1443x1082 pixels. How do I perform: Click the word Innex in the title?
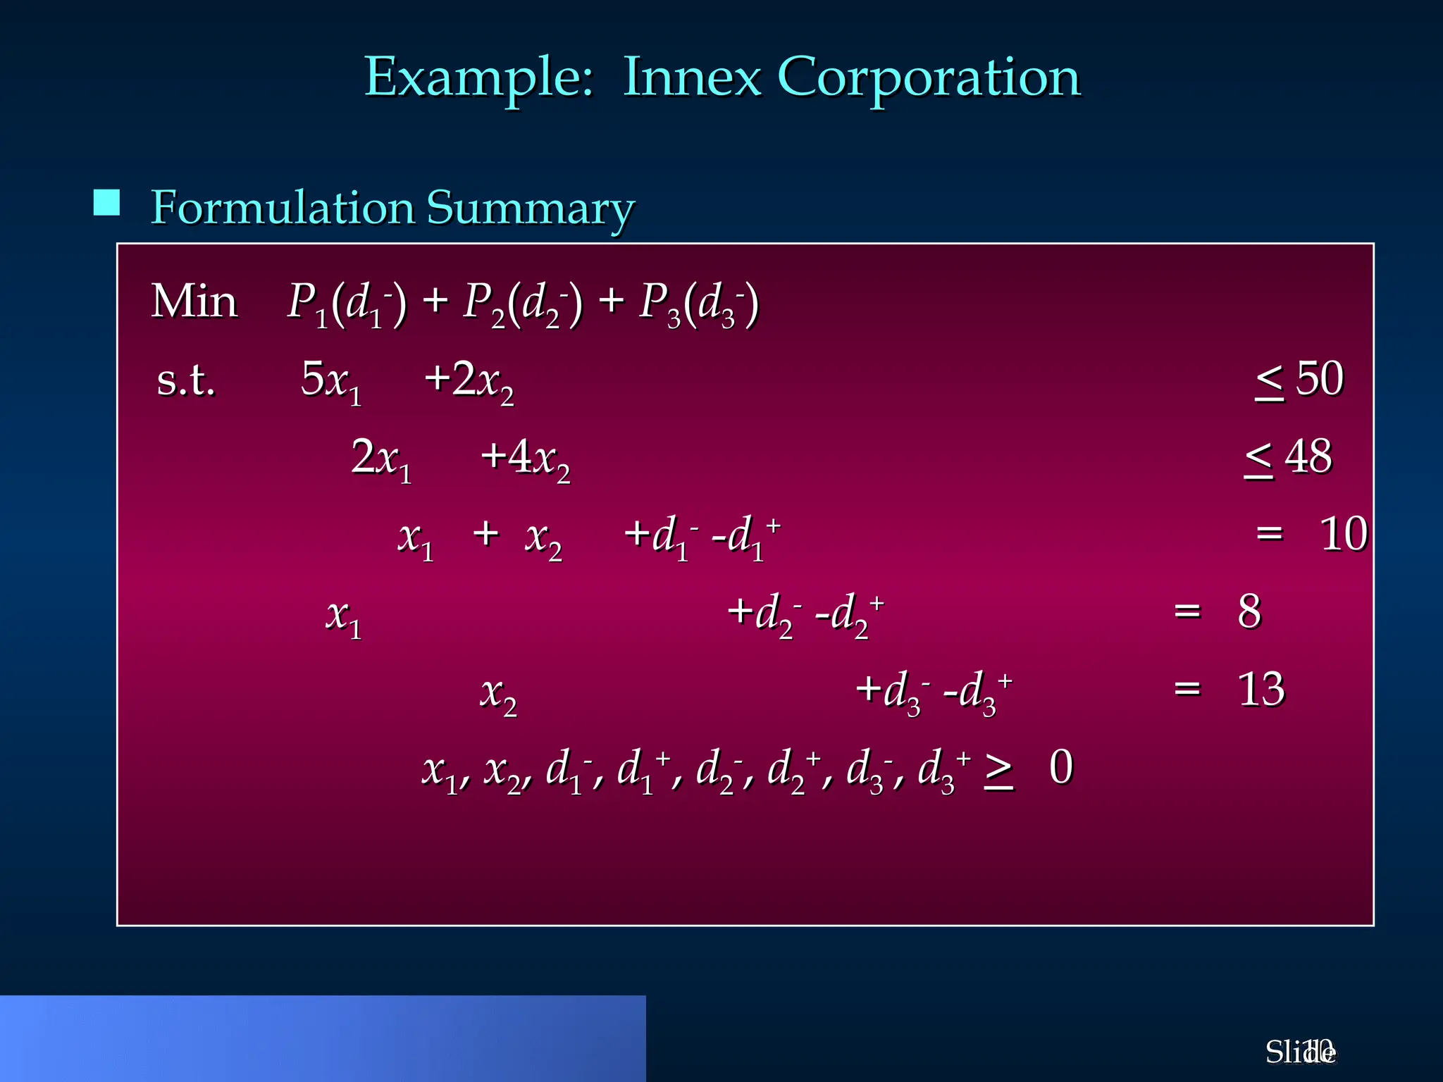point(692,77)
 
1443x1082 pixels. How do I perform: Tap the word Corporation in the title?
point(929,77)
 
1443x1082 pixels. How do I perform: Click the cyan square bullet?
point(106,203)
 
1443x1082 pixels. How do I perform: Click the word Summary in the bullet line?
point(531,209)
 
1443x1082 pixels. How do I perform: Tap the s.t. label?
point(185,381)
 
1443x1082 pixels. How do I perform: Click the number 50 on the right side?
point(1320,379)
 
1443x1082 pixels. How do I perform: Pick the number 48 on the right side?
point(1308,456)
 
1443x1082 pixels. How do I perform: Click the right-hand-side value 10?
point(1343,534)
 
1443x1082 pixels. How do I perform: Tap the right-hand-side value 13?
point(1261,689)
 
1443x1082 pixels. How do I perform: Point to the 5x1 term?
point(331,381)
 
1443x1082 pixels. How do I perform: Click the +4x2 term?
point(525,459)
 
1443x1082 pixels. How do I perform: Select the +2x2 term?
point(469,381)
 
